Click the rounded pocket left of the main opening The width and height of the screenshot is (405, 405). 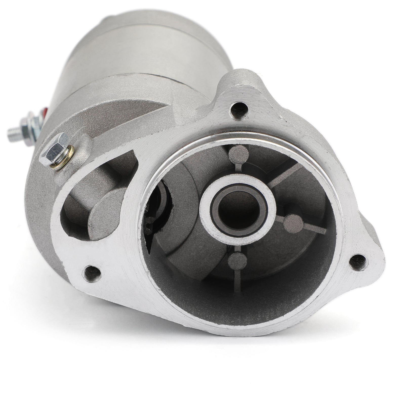point(84,202)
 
